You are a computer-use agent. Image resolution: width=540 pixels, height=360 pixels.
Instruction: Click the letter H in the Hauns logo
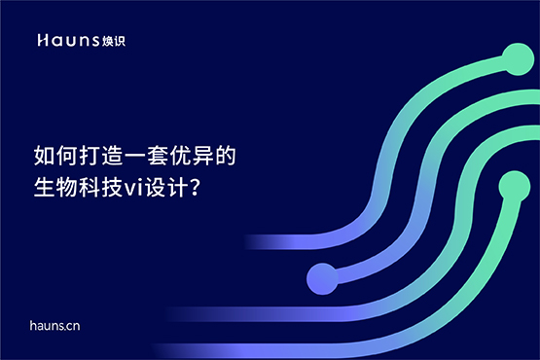[x=41, y=41]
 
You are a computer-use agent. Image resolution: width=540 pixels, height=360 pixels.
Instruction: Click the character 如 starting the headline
[x=45, y=156]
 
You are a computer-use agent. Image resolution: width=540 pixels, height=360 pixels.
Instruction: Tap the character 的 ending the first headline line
[x=229, y=156]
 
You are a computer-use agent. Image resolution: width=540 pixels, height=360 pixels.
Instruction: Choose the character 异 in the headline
[x=206, y=156]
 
